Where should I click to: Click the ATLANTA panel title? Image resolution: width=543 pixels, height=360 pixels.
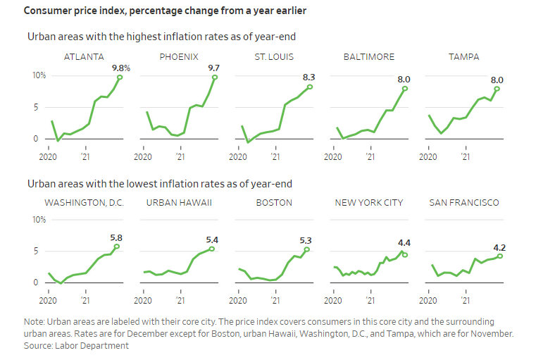(x=84, y=56)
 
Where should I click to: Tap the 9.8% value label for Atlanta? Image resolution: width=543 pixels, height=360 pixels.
(x=121, y=68)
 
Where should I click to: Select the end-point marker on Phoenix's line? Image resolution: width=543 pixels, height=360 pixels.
(x=215, y=77)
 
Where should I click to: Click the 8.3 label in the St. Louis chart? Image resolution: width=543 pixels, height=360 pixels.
(x=309, y=77)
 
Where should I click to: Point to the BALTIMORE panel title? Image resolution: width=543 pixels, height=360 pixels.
(x=369, y=56)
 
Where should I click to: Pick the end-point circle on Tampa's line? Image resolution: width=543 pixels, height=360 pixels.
(x=497, y=88)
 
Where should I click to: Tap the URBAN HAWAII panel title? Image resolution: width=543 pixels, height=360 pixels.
(x=179, y=202)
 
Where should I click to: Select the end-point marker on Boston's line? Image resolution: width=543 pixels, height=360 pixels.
(x=307, y=249)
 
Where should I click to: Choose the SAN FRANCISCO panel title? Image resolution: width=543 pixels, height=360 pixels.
(x=464, y=202)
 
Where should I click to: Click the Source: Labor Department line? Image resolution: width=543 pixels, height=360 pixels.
(x=76, y=345)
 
